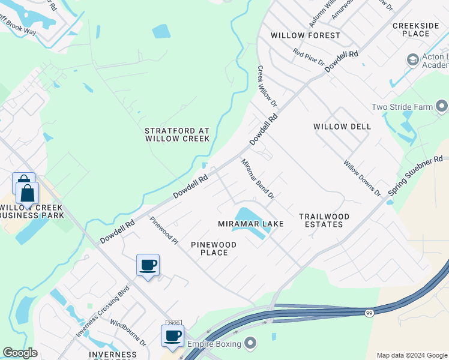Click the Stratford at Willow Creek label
(x=177, y=134)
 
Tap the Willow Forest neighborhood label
(x=305, y=35)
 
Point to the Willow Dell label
(x=342, y=127)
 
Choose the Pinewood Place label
(x=214, y=248)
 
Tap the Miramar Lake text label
(x=250, y=224)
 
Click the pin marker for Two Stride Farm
(x=442, y=107)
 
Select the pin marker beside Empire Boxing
(x=251, y=344)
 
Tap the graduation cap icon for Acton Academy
(x=412, y=59)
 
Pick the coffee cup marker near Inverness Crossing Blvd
(x=148, y=265)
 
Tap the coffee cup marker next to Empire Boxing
(x=172, y=336)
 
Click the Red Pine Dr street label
(x=309, y=58)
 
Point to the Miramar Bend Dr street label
(x=258, y=179)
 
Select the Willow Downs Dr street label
(x=362, y=178)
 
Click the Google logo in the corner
(x=19, y=353)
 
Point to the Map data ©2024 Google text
(x=411, y=355)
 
